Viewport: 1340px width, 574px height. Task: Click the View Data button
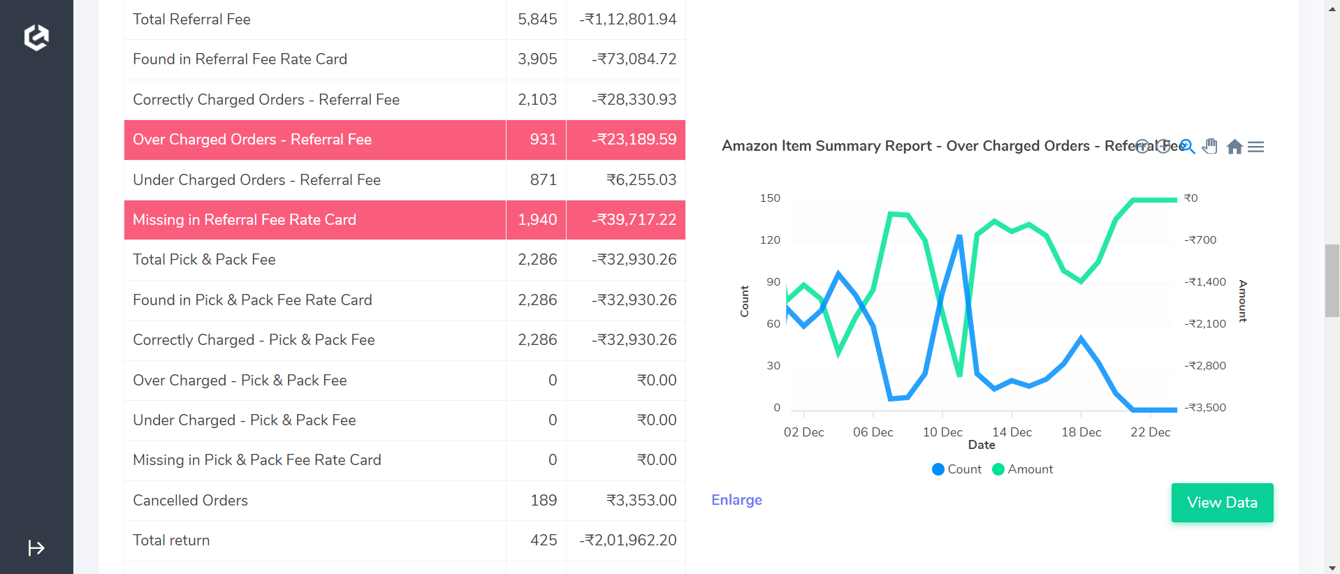(1222, 503)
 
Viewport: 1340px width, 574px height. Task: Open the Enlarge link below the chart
(736, 500)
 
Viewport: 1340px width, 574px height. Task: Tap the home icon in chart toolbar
(1235, 147)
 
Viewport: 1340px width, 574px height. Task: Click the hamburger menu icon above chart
(1255, 147)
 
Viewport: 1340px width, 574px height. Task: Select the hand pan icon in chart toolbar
(1210, 147)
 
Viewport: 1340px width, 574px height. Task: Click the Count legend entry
(957, 469)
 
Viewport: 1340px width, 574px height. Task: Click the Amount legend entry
(1023, 469)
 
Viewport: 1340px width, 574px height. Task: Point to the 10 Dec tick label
(942, 432)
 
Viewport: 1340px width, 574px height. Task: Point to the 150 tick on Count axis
(770, 198)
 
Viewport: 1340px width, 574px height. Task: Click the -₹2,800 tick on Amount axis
(1205, 366)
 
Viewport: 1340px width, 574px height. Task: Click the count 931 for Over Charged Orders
(543, 140)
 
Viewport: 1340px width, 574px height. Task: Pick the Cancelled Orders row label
(190, 501)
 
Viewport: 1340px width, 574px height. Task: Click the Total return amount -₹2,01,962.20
(627, 540)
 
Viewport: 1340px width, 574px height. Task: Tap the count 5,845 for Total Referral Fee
(537, 20)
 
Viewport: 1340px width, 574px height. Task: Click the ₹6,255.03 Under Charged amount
(641, 180)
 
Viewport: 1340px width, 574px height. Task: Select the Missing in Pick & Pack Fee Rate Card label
(256, 460)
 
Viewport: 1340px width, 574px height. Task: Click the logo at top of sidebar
(36, 37)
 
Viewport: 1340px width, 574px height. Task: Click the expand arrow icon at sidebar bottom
(36, 548)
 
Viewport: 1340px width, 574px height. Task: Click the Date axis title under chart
(981, 445)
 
